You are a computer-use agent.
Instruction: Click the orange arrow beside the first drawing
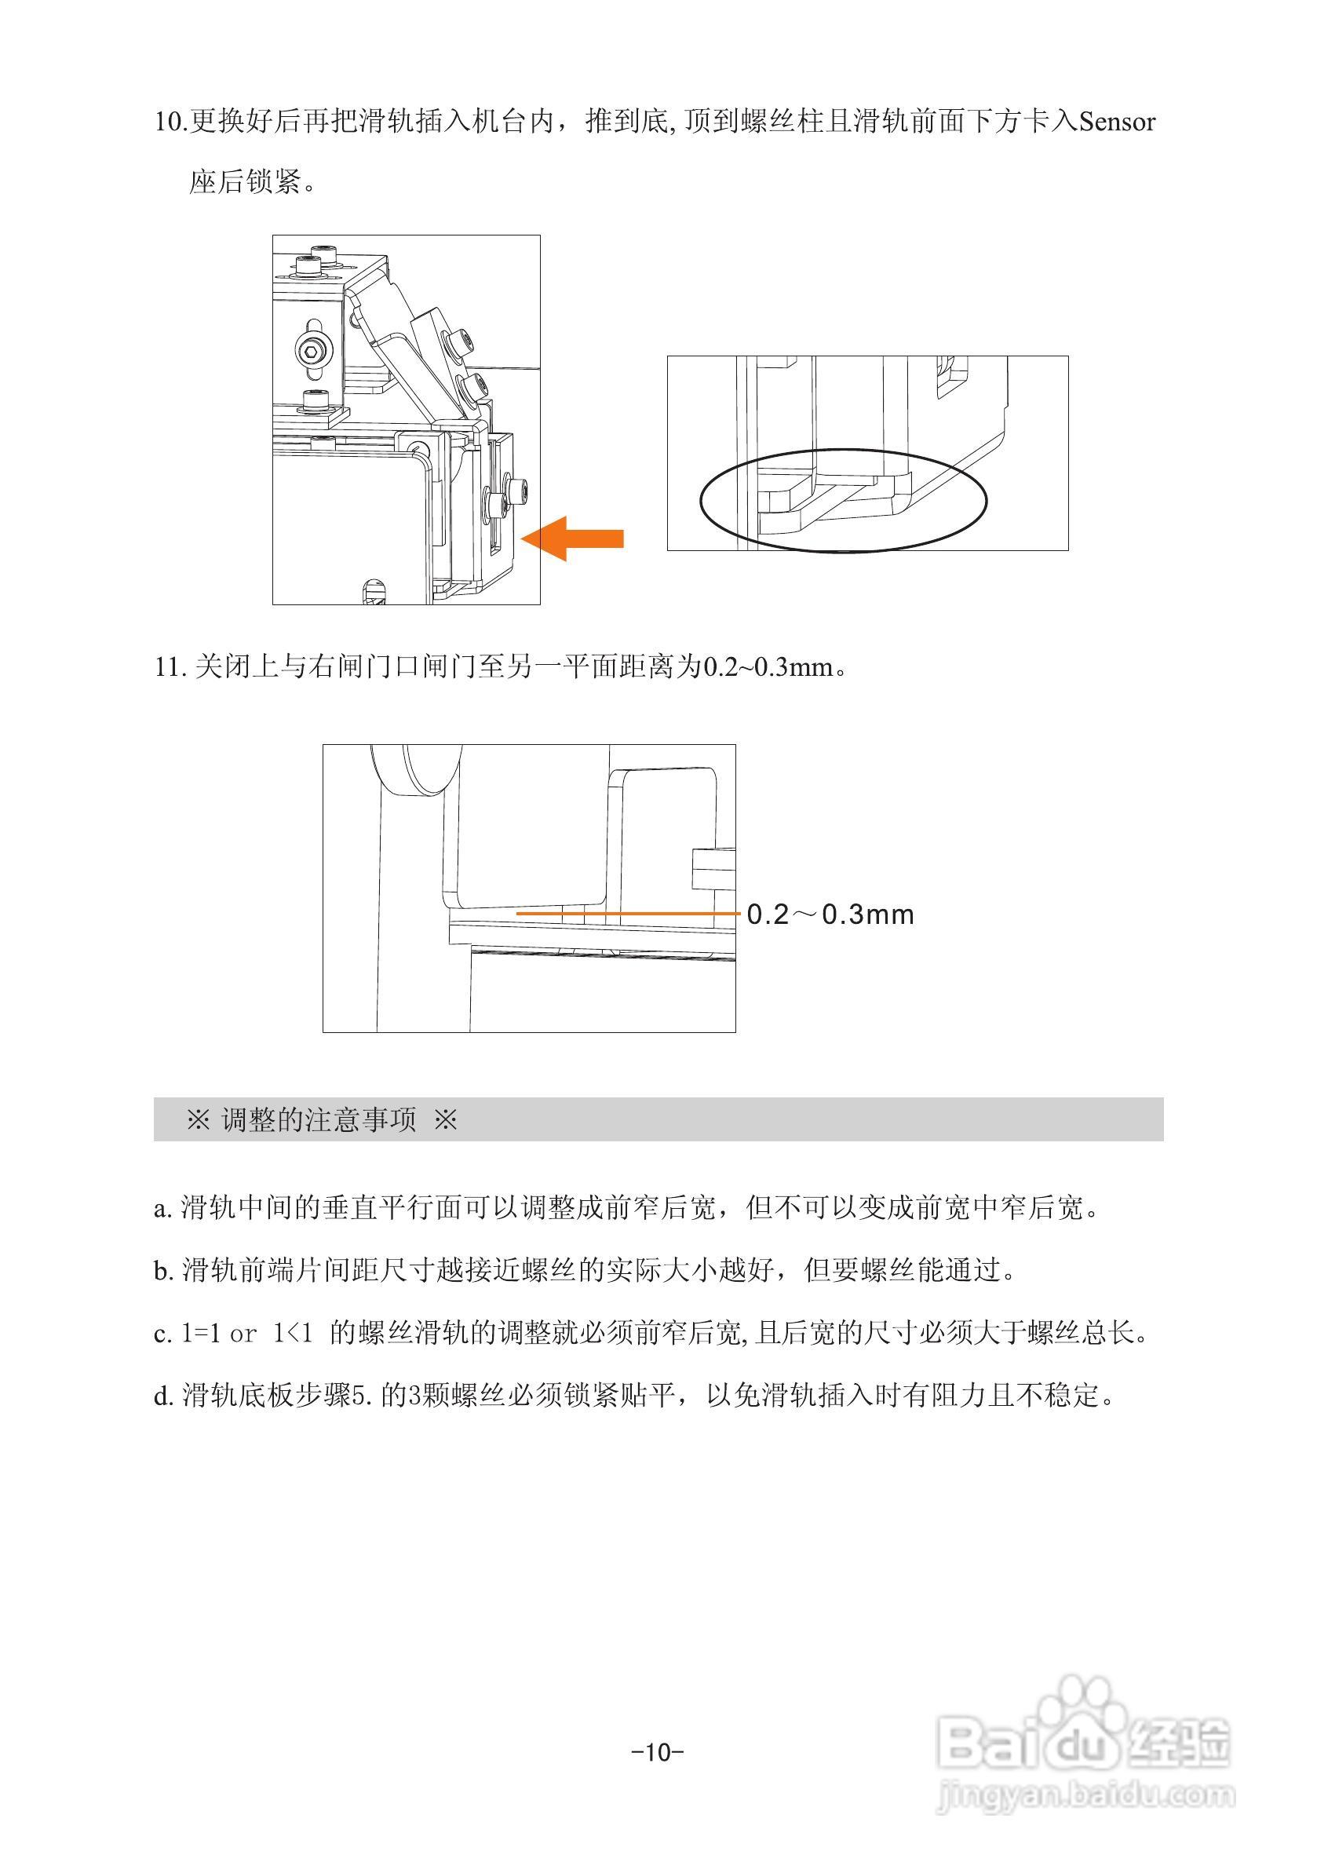(573, 539)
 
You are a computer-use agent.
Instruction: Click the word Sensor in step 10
(1117, 122)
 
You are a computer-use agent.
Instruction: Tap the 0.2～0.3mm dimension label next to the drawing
(830, 915)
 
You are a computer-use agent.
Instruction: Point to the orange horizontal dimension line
(627, 914)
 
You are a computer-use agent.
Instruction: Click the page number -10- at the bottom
(658, 1752)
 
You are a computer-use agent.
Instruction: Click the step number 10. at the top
(171, 122)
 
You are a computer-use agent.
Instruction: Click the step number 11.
(170, 667)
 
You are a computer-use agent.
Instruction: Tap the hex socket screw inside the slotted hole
(313, 351)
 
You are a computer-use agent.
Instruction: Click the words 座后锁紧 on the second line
(245, 181)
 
